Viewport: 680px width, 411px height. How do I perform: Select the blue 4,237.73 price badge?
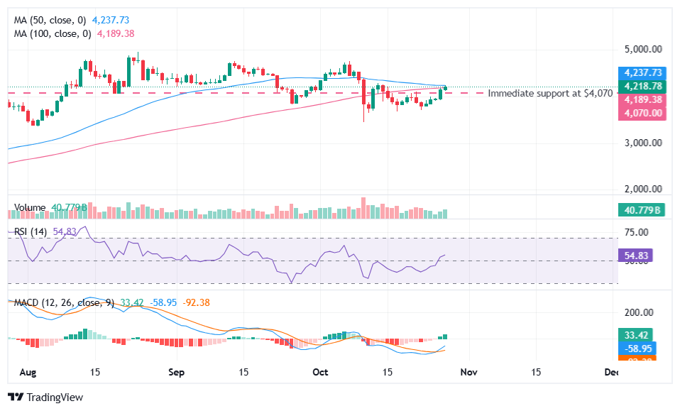(642, 72)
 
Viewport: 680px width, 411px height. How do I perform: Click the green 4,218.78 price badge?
(642, 86)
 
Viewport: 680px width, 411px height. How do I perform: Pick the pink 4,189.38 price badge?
(642, 100)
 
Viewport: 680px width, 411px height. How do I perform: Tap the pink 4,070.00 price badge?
(642, 113)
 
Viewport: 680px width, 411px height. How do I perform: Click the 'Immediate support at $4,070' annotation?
(550, 93)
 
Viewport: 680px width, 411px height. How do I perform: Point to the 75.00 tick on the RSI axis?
(637, 232)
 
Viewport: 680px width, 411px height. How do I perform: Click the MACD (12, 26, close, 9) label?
(65, 303)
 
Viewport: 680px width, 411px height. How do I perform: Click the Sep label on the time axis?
(177, 372)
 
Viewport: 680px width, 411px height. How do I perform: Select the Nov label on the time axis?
(466, 372)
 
